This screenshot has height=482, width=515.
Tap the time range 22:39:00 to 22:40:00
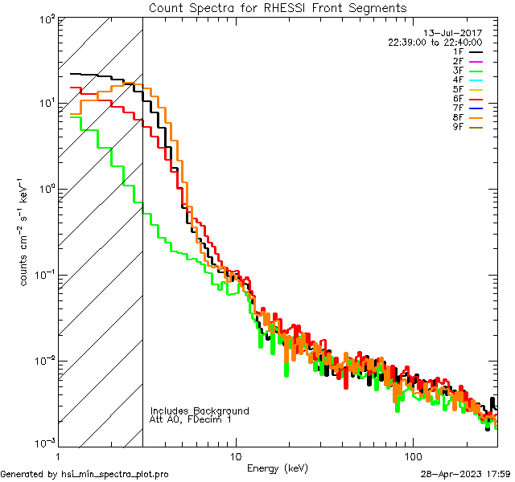[x=435, y=42]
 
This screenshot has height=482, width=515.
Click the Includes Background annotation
[x=200, y=411]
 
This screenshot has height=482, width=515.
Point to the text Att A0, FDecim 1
[x=191, y=419]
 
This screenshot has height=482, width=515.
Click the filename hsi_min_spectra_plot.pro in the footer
[x=114, y=474]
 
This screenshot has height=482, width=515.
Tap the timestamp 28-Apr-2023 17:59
[x=467, y=474]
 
